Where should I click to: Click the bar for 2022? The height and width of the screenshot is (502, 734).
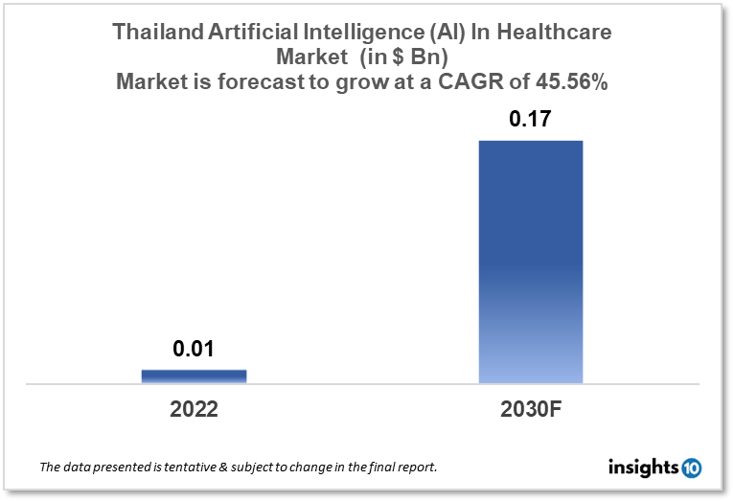click(194, 376)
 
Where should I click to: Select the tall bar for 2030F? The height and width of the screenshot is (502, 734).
click(530, 262)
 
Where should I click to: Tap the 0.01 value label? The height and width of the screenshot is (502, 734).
click(194, 350)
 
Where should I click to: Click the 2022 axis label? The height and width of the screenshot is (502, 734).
click(194, 409)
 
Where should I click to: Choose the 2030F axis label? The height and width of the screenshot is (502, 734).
click(530, 409)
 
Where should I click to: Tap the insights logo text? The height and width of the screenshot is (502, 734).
click(644, 468)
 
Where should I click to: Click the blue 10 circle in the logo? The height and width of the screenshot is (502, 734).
click(691, 468)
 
